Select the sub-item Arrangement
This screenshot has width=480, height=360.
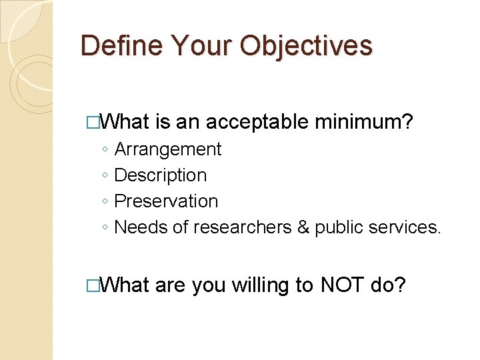coord(167,149)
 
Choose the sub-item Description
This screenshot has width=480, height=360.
coord(161,175)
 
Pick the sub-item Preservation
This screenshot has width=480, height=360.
coord(166,201)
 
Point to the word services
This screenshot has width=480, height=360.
coord(405,227)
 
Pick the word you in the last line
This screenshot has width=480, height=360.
coord(208,285)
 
